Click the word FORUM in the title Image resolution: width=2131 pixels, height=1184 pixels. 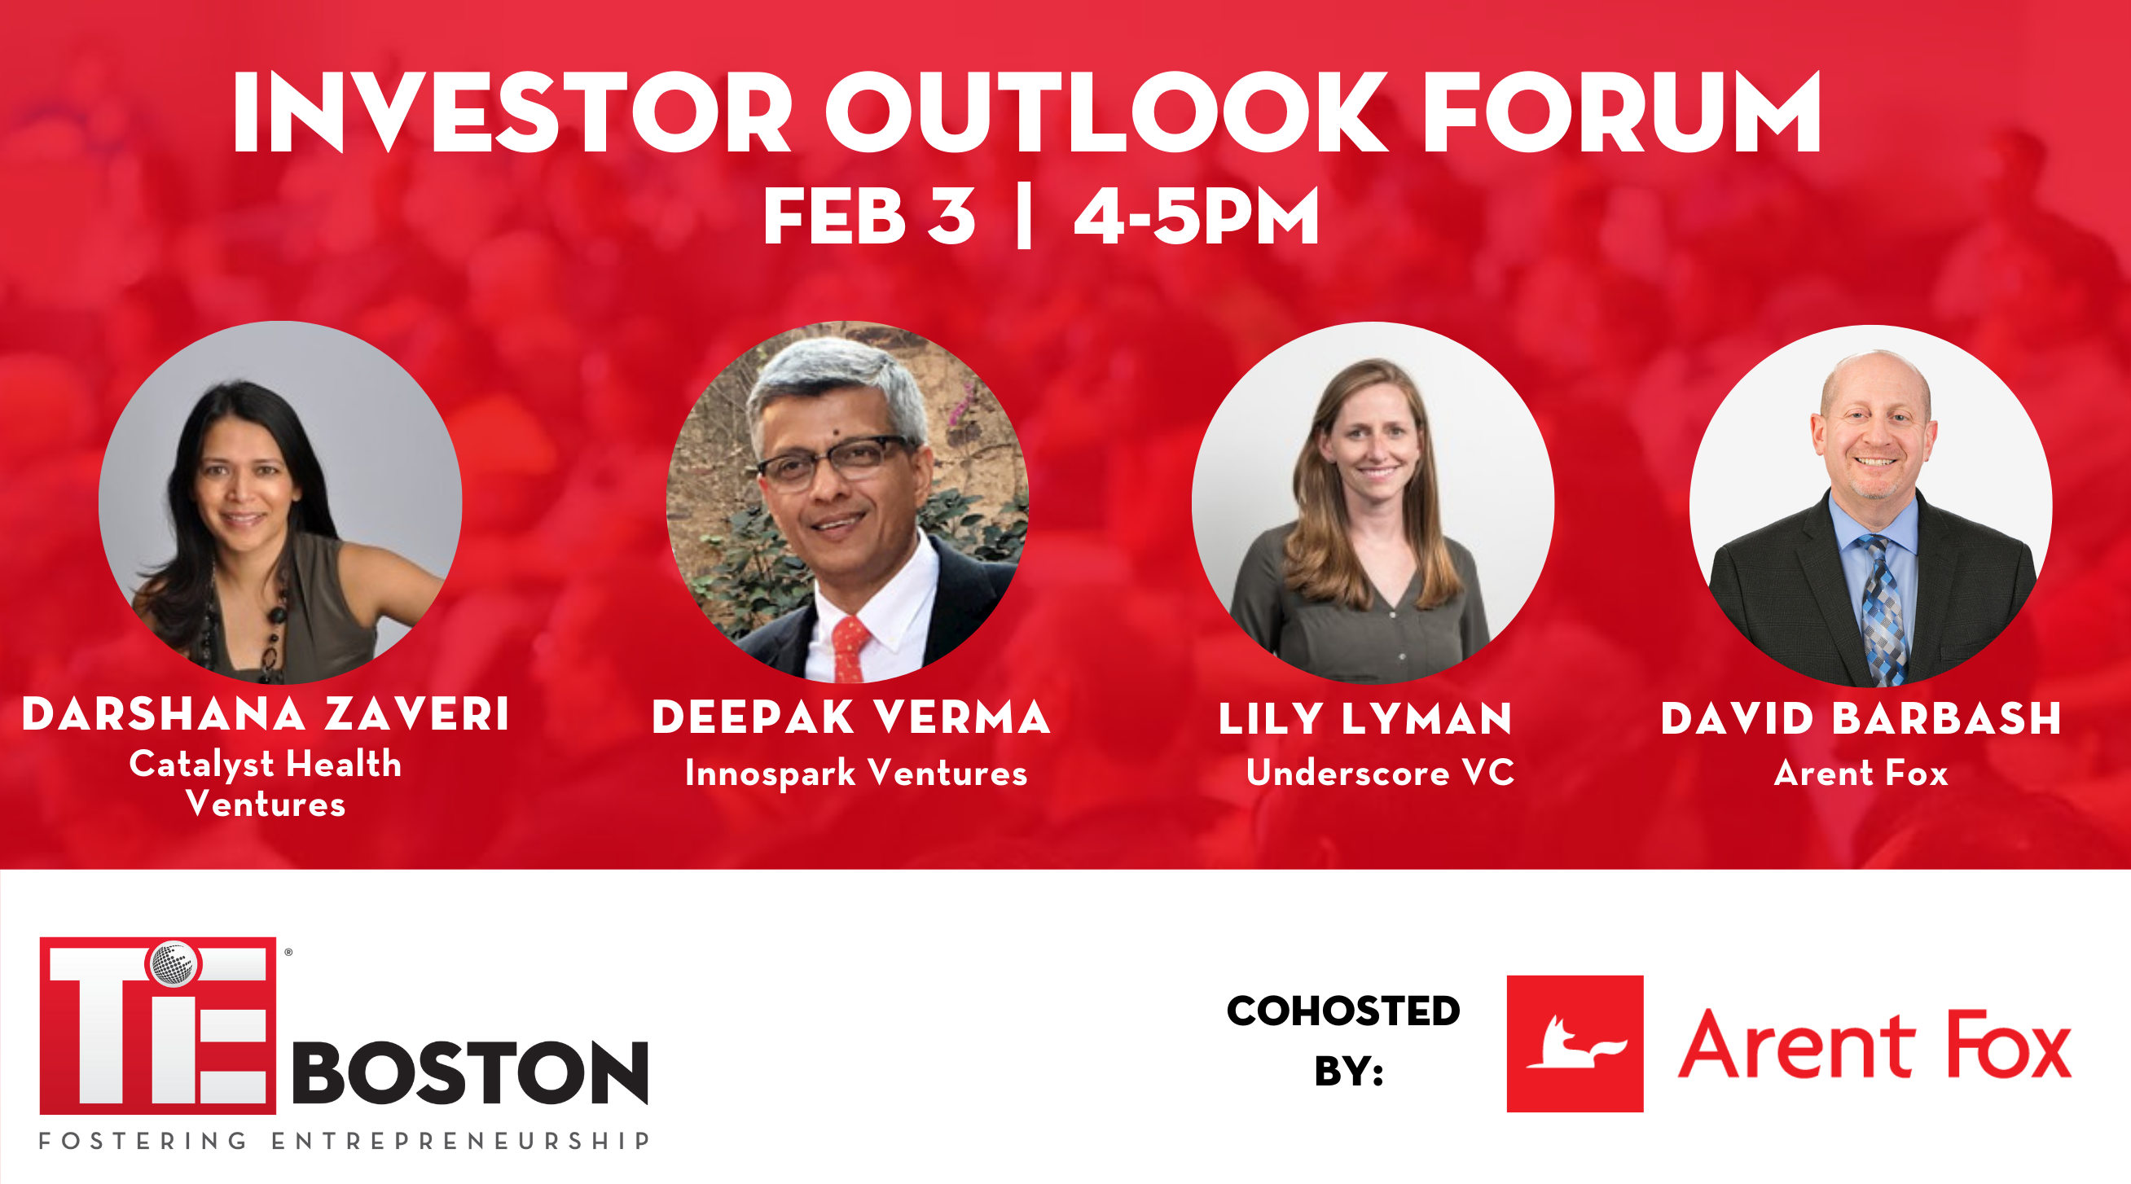[1621, 112]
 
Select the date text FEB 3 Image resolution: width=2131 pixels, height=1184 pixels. [868, 216]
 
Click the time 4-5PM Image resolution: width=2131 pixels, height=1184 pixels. [1196, 216]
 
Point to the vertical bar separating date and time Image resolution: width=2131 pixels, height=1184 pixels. [1024, 217]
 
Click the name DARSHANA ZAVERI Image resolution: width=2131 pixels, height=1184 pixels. [266, 714]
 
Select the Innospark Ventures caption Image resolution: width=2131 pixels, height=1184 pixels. [856, 773]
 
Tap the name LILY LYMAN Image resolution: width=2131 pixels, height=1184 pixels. [1365, 717]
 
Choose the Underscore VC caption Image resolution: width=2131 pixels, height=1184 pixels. [1380, 772]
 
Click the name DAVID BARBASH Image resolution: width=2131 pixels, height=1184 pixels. [1861, 717]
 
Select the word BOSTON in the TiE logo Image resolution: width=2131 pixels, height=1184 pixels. [471, 1072]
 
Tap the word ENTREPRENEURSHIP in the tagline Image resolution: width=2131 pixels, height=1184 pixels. [461, 1141]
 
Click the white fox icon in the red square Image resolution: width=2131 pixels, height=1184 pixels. [1575, 1043]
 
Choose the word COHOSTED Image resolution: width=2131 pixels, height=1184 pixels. [1343, 1011]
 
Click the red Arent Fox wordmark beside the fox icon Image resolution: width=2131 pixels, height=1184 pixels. [1874, 1045]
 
